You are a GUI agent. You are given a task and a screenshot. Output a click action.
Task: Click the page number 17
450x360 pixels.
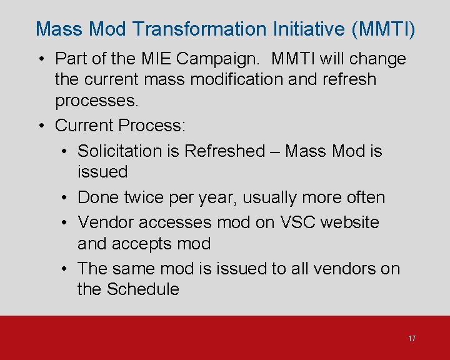(411, 338)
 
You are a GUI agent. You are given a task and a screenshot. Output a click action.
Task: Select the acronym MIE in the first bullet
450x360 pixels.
(152, 59)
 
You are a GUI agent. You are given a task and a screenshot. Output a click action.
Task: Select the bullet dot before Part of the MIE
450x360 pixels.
(40, 59)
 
